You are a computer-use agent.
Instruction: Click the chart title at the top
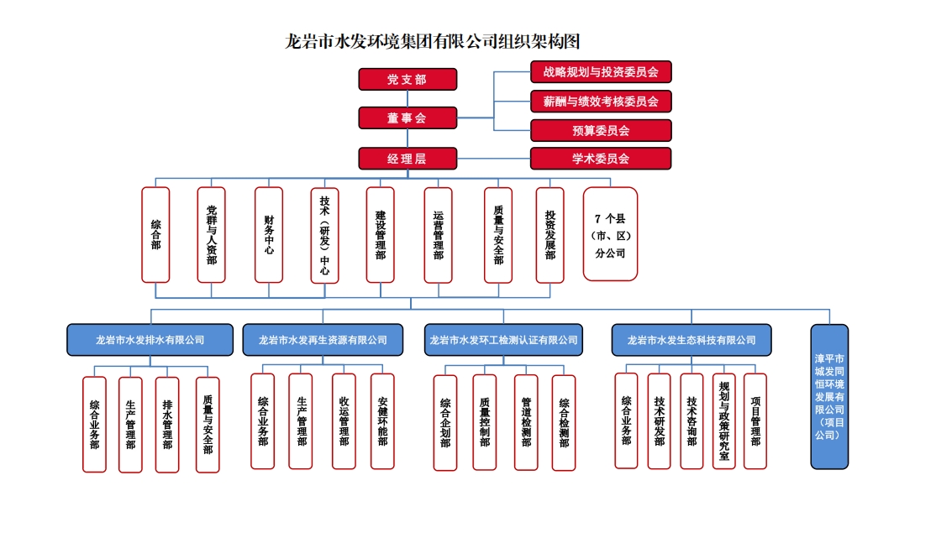[x=433, y=41]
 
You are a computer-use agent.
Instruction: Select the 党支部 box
[x=408, y=79]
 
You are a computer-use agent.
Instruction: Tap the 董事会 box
[x=408, y=118]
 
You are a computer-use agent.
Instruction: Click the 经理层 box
[x=408, y=158]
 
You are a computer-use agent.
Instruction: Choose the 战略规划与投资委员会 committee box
[x=601, y=71]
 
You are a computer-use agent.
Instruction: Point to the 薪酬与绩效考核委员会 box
[x=601, y=101]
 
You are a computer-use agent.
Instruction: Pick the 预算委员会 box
[x=601, y=130]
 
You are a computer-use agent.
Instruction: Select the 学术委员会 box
[x=601, y=158]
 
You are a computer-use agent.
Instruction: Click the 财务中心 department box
[x=269, y=234]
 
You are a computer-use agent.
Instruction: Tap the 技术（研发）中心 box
[x=324, y=234]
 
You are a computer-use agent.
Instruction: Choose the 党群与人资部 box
[x=212, y=234]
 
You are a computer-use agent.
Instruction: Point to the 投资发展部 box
[x=550, y=234]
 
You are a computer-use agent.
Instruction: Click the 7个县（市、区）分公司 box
[x=611, y=234]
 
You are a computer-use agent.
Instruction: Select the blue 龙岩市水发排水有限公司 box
[x=150, y=340]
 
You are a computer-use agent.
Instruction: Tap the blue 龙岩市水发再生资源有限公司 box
[x=323, y=340]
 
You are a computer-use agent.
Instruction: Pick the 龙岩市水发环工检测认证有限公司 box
[x=503, y=340]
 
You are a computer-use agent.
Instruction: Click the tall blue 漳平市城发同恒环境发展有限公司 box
[x=829, y=396]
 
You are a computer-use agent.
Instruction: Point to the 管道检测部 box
[x=526, y=422]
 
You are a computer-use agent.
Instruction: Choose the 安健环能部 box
[x=382, y=421]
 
